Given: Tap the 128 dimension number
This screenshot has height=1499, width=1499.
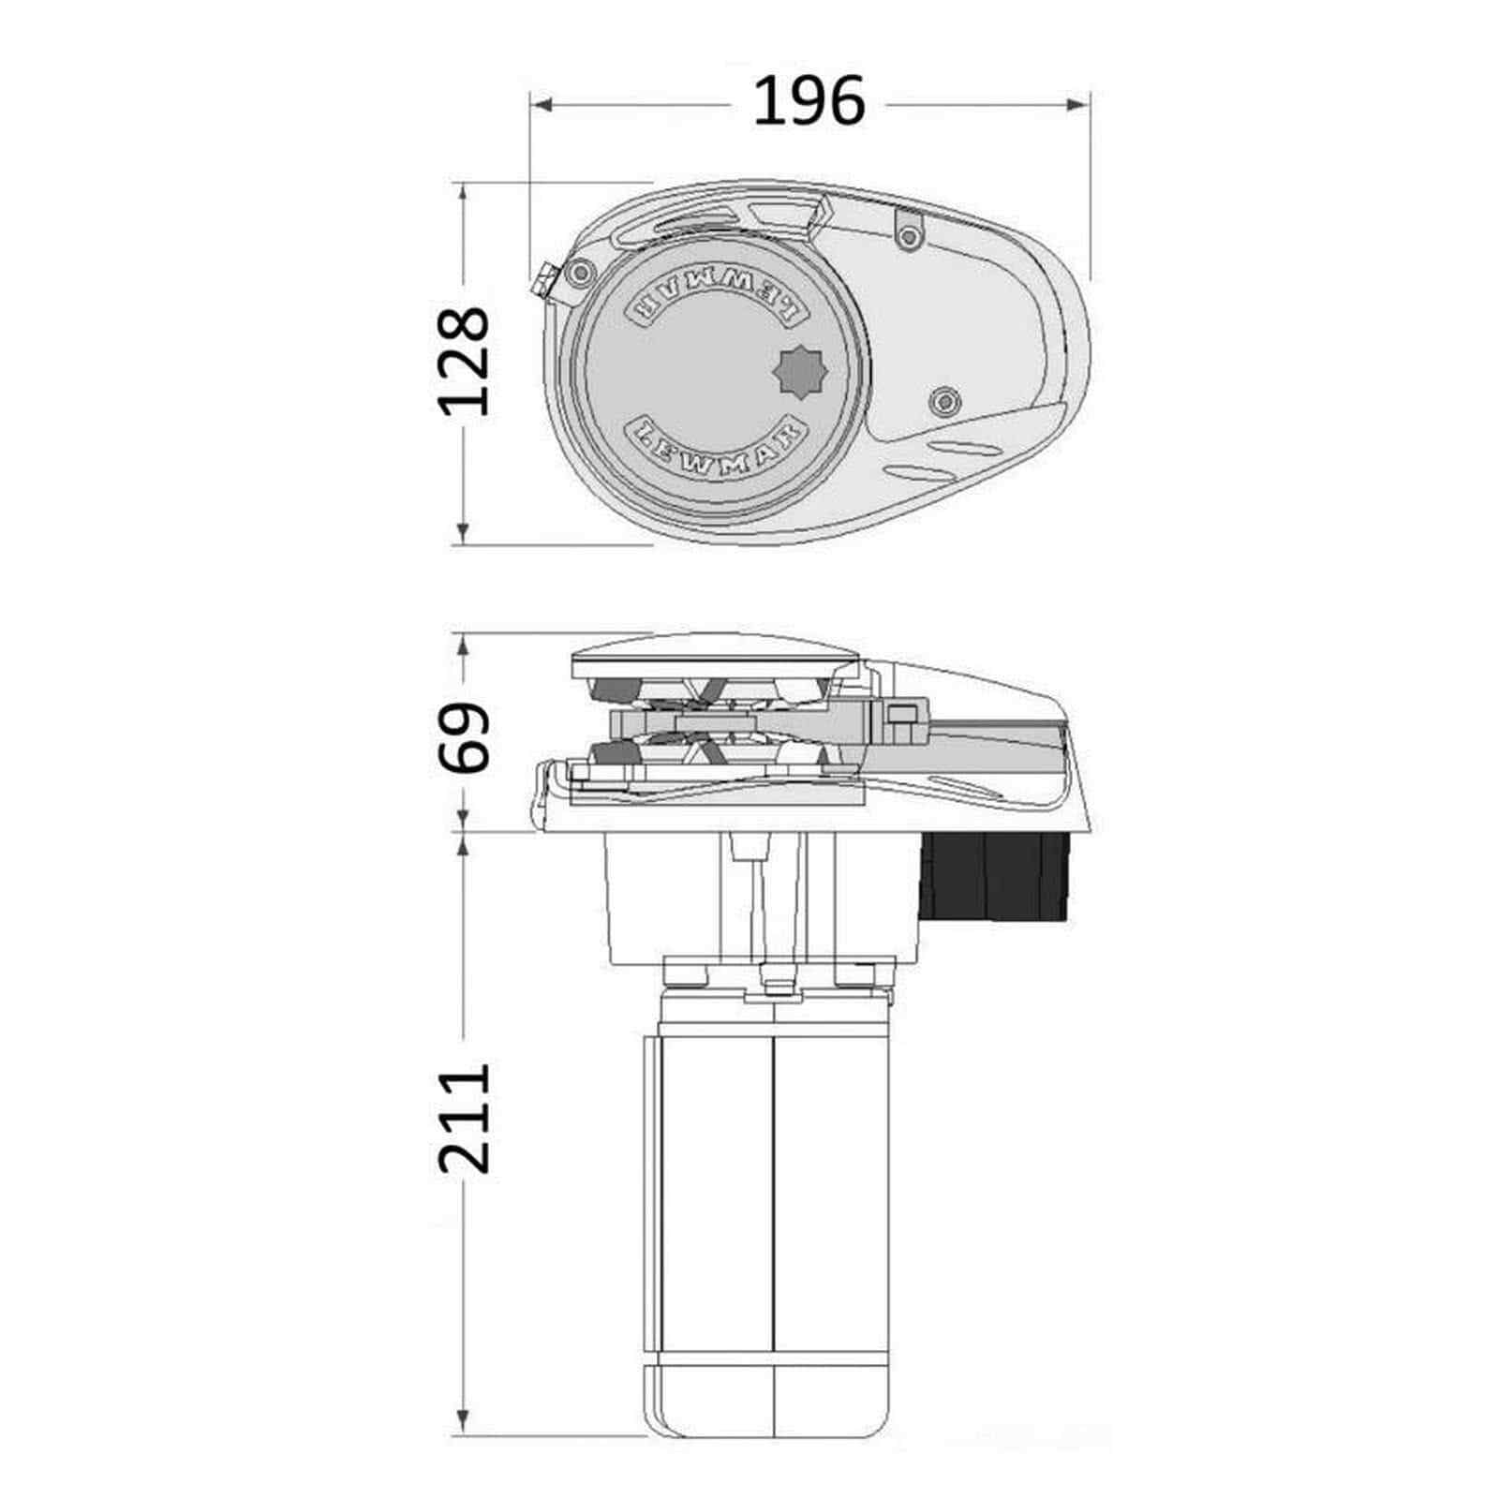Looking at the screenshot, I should (x=465, y=362).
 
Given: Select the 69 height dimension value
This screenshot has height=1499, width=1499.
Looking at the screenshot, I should (x=465, y=736).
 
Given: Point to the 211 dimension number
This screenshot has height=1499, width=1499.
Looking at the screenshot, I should (x=465, y=1117).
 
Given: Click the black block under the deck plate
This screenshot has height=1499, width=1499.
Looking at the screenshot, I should (x=995, y=876).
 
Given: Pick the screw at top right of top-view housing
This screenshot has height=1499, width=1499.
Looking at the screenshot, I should (x=908, y=237).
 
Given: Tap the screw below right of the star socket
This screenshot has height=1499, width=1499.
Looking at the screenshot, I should (x=944, y=401).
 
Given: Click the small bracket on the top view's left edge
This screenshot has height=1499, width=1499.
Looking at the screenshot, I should (x=543, y=282).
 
